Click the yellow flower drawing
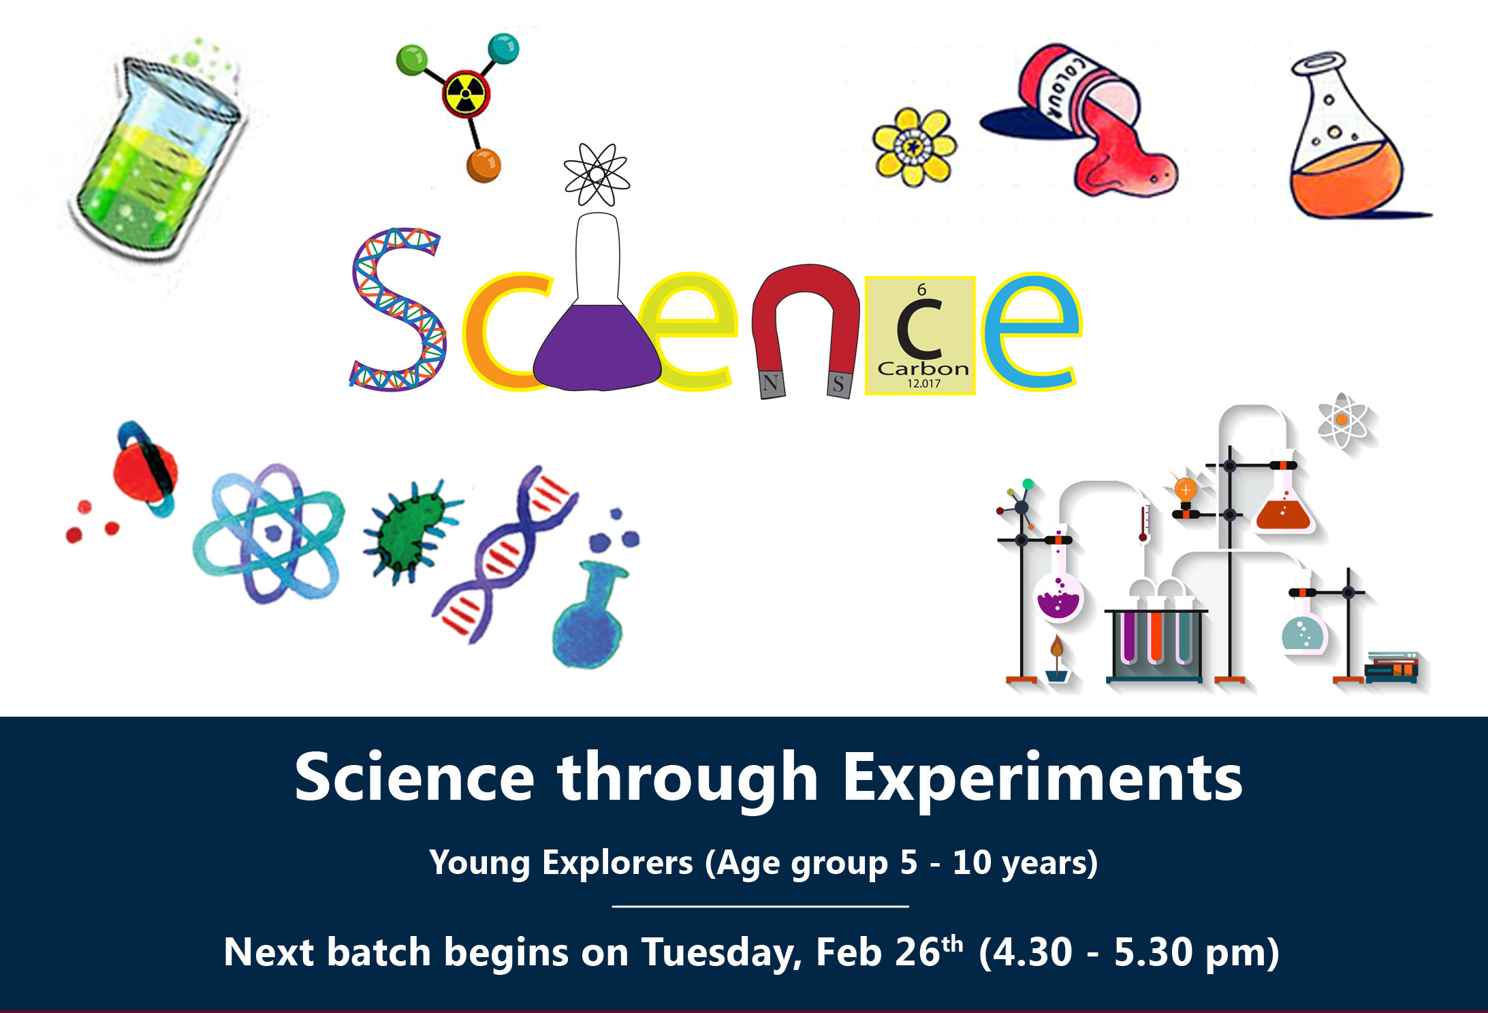point(915,147)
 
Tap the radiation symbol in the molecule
point(466,94)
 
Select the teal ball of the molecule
point(503,48)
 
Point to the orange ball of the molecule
point(484,166)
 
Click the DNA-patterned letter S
point(398,310)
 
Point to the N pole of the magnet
point(772,384)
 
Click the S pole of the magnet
point(838,384)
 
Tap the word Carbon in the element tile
point(923,369)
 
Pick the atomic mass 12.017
point(923,384)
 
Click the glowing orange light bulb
point(1186,490)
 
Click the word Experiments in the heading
point(1043,779)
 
